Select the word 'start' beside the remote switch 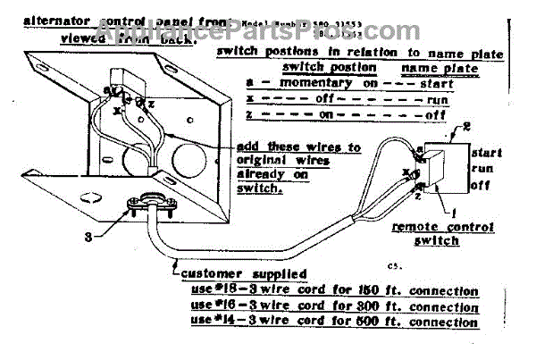487,153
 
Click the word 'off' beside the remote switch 480,186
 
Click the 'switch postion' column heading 323,68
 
